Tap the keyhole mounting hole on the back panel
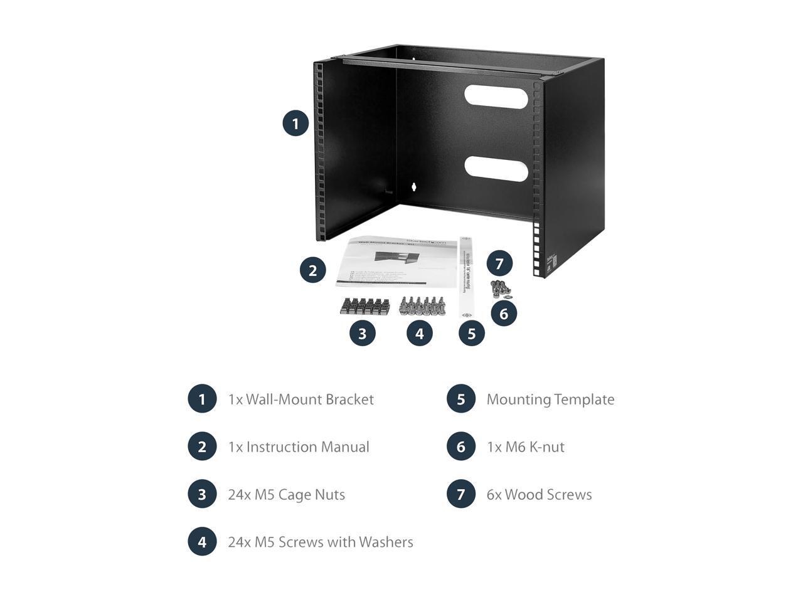tap(414, 186)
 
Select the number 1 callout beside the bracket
tap(295, 123)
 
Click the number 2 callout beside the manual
tap(313, 270)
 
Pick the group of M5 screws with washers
tap(423, 306)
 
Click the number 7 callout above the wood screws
tap(499, 263)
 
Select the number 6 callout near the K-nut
tap(504, 313)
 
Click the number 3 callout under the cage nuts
tap(362, 333)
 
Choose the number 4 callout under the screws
tap(420, 333)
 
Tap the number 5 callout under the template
tap(472, 333)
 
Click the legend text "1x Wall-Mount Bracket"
tap(300, 399)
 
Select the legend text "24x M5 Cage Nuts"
tap(286, 495)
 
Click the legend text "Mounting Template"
tap(550, 399)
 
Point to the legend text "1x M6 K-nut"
tap(525, 447)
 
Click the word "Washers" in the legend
tap(385, 542)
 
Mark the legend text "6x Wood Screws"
tap(539, 495)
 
